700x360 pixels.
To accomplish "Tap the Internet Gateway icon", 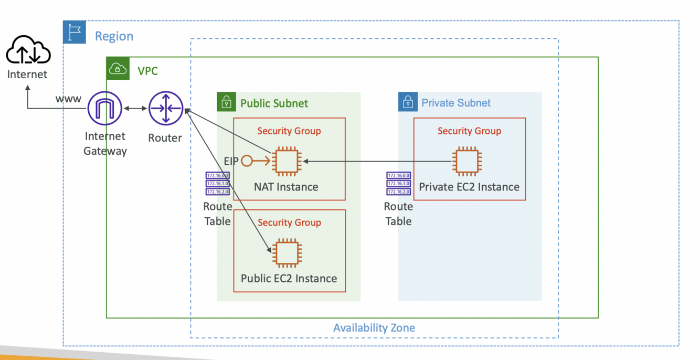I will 105,109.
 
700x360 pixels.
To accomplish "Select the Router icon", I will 165,109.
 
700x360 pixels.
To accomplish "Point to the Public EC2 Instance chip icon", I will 286,253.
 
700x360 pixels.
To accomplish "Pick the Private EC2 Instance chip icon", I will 468,162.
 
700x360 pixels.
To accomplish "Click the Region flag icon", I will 75,33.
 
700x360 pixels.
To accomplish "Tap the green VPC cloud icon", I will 118,69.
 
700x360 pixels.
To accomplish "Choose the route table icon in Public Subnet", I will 217,183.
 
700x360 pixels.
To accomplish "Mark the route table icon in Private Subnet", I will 398,183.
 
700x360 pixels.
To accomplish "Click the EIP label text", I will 231,162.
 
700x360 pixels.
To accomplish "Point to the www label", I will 68,99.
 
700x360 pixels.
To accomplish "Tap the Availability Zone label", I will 374,328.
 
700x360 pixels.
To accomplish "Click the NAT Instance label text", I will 286,187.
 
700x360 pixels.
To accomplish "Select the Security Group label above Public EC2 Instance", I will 289,223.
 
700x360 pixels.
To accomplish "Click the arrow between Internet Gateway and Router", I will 135,109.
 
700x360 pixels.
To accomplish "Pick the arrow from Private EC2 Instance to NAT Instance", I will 378,162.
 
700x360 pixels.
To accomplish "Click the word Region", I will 114,36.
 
